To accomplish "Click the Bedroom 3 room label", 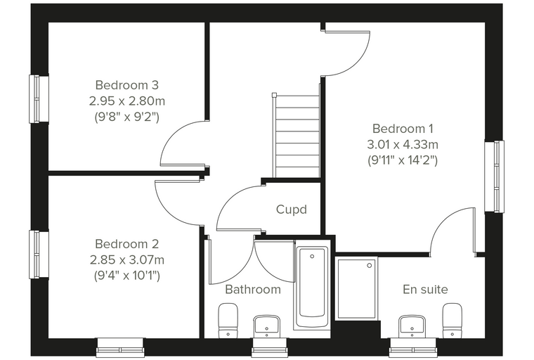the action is coord(126,85).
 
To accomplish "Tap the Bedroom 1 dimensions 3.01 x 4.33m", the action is coord(403,145).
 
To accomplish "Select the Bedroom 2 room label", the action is coord(126,244).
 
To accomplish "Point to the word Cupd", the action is coord(292,210).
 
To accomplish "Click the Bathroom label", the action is coord(253,290).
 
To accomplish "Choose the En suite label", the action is coord(425,290).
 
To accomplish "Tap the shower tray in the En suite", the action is coord(356,288).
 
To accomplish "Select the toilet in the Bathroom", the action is coord(228,321).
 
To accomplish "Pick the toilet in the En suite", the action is coord(452,321).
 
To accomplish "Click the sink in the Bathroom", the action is coord(267,326).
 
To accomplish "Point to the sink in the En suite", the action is coord(412,326).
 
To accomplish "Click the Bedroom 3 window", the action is coord(39,99).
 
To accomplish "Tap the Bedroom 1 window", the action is coord(494,176).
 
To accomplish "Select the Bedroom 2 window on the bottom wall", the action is coord(120,347).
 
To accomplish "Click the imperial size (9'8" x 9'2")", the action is coord(126,117).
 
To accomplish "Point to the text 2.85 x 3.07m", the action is coord(127,259).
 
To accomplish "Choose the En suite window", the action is coord(412,347).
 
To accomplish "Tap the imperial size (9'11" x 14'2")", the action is coord(403,160).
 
